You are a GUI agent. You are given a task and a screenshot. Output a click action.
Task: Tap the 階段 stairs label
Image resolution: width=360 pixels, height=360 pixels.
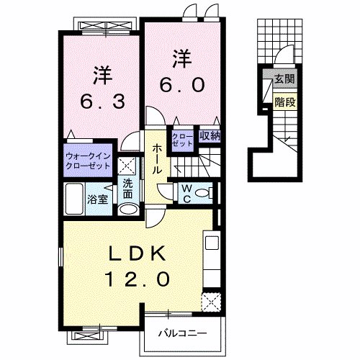(284, 102)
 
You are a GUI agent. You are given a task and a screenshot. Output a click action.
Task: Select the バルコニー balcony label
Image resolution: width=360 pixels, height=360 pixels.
(184, 333)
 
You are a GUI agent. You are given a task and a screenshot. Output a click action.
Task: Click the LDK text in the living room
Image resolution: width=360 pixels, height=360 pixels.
(138, 253)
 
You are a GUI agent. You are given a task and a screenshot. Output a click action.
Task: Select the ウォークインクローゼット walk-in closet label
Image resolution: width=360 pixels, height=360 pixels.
(88, 160)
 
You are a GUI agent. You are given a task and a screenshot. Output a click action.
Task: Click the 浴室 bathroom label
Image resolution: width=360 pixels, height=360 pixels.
(98, 199)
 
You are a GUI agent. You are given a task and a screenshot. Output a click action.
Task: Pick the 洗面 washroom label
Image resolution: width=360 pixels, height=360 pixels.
(127, 189)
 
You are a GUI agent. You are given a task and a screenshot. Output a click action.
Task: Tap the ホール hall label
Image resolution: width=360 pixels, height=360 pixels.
(156, 158)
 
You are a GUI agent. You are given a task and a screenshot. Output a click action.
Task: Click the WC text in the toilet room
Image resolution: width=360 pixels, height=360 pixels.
(185, 192)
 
